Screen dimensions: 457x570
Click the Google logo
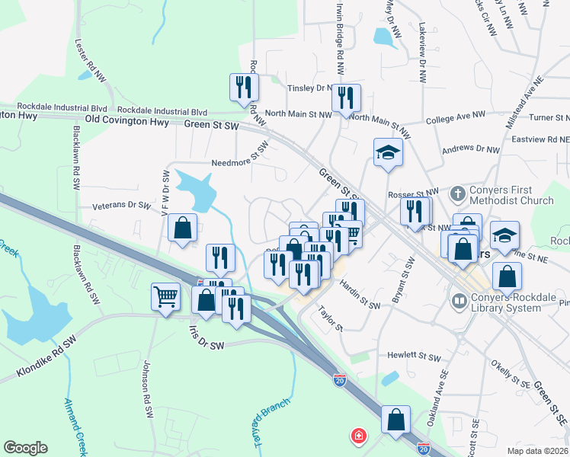point(25,448)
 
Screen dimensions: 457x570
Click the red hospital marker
point(356,436)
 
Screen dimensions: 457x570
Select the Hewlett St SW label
point(414,356)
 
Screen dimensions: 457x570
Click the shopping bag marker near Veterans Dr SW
point(183,227)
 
